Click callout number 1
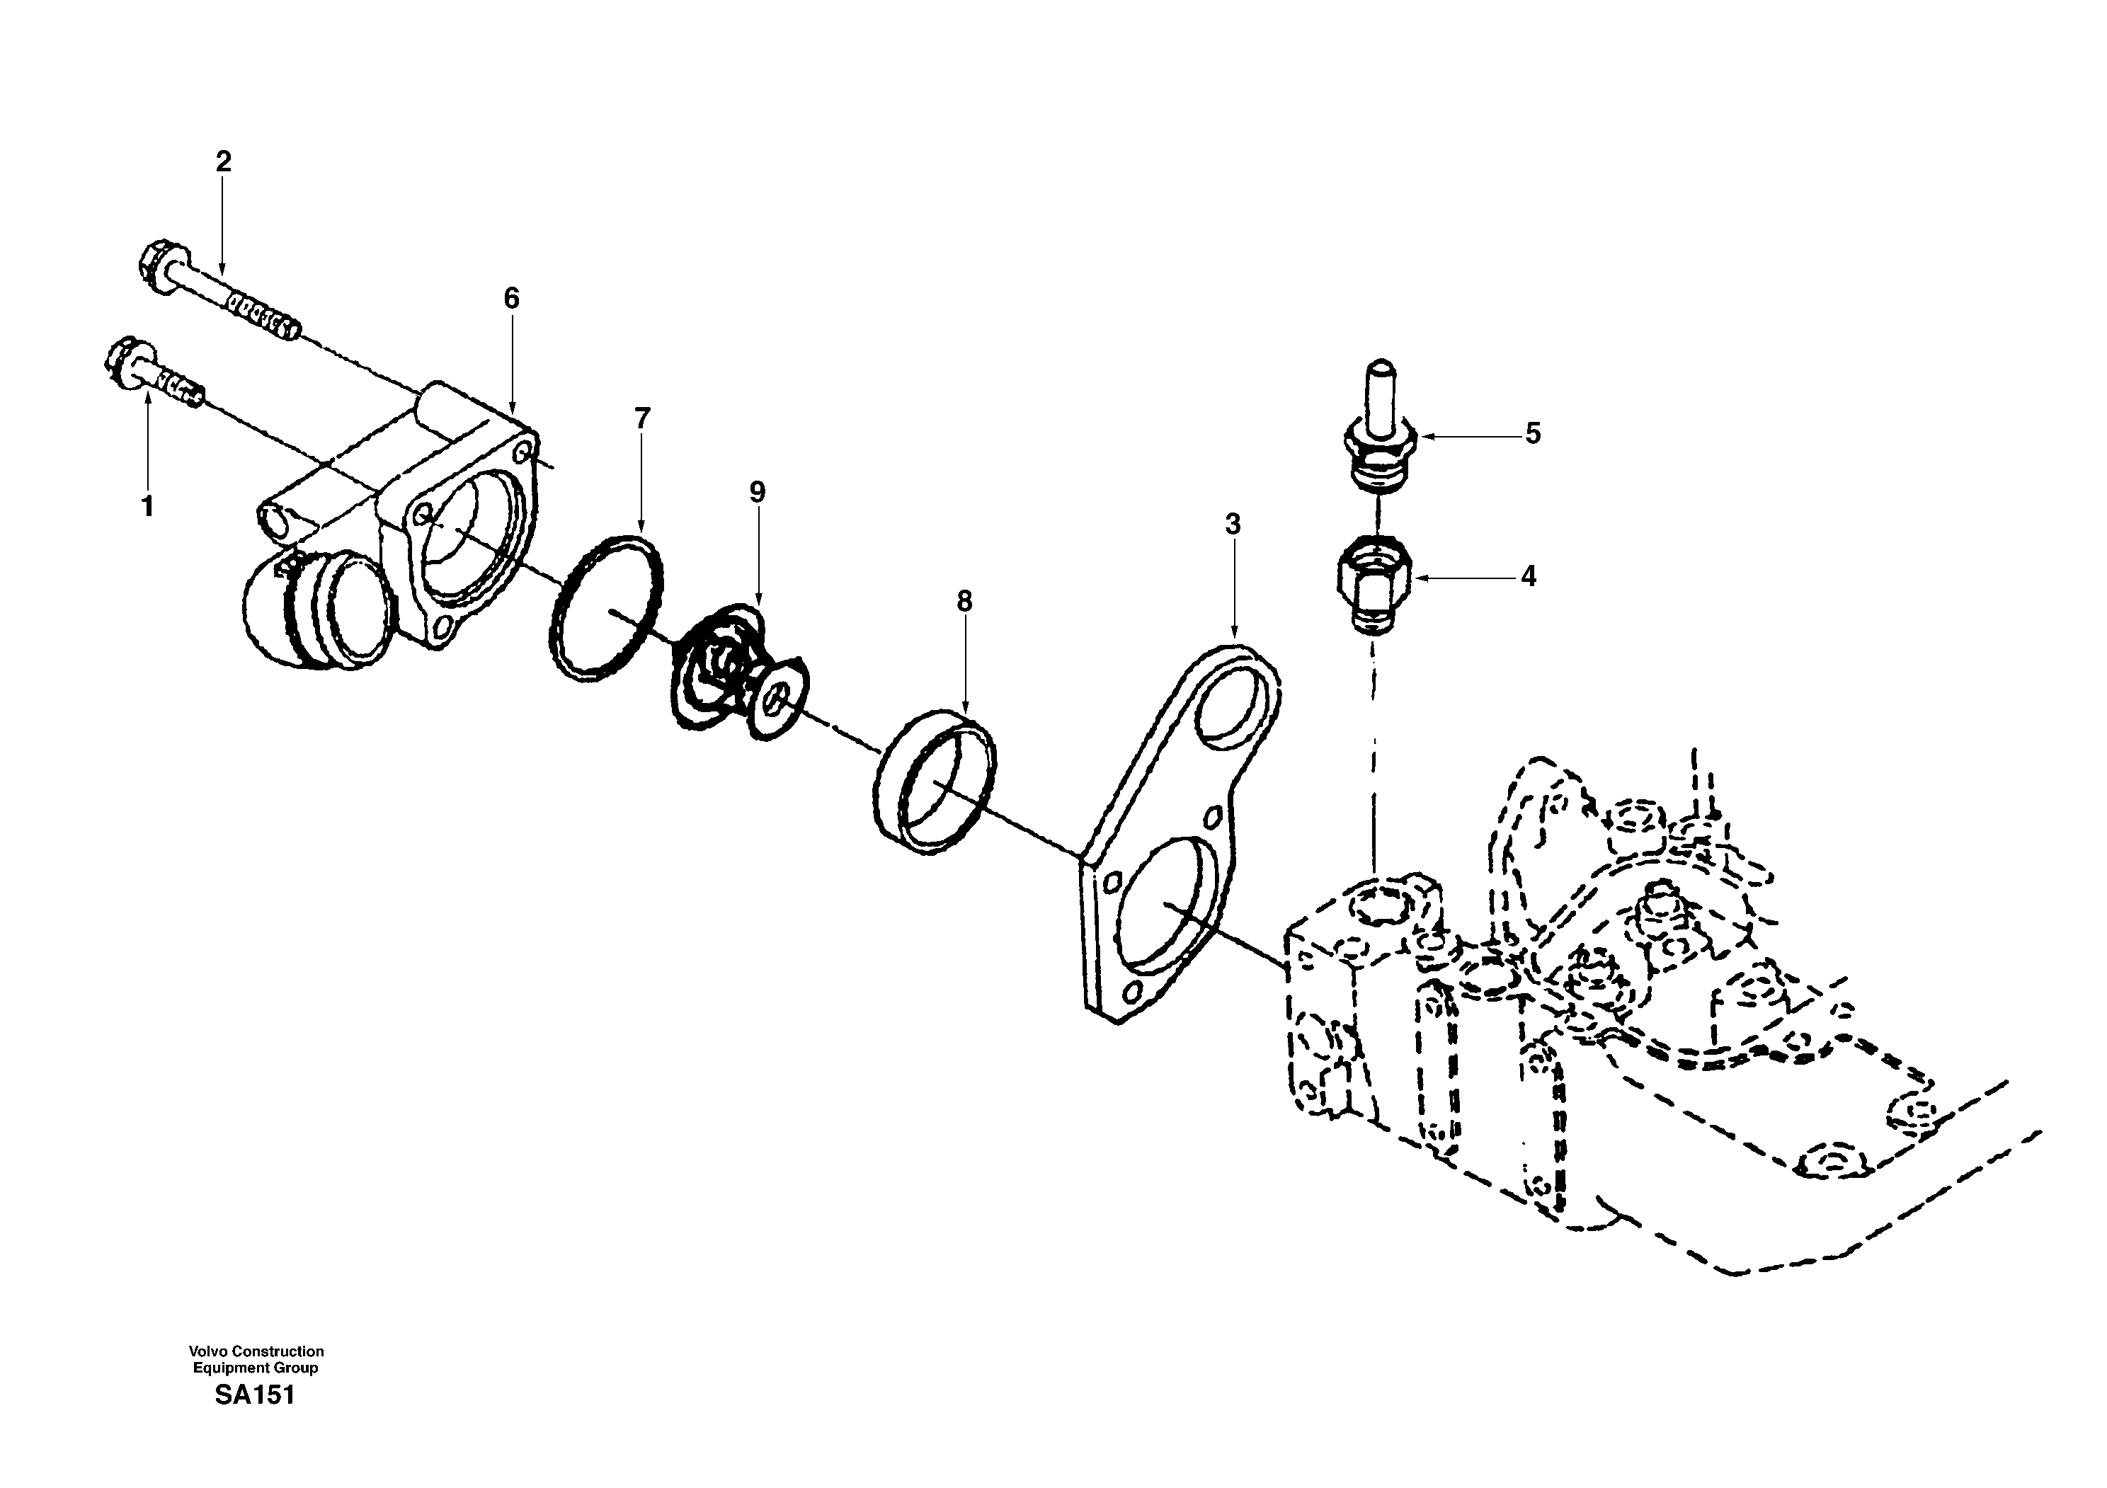click(147, 506)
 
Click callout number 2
click(223, 162)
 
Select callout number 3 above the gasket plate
click(1233, 525)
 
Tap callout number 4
click(1528, 577)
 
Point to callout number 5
click(1533, 434)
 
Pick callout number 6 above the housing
click(511, 298)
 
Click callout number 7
click(641, 418)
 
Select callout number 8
click(964, 602)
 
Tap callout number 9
click(756, 493)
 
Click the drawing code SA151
click(255, 1395)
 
